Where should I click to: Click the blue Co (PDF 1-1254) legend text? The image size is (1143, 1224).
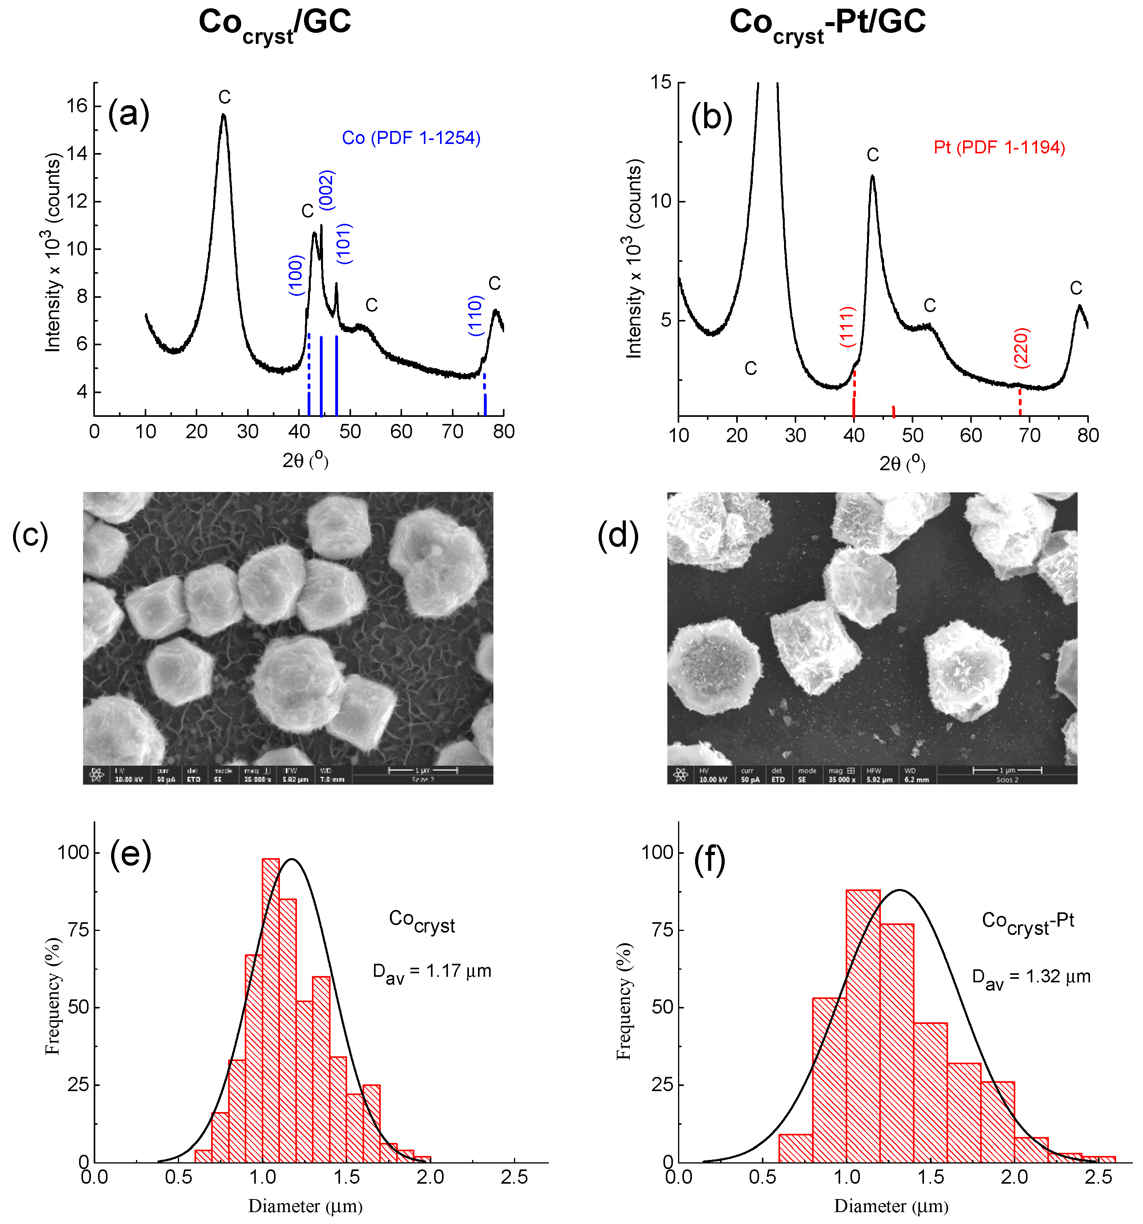[411, 138]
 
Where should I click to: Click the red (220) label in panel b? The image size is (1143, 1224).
[1021, 348]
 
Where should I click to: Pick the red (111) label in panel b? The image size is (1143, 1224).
[848, 326]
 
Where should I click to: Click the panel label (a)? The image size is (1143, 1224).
[128, 115]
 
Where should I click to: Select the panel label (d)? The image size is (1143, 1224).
[618, 535]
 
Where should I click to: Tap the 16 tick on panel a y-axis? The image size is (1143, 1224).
[77, 106]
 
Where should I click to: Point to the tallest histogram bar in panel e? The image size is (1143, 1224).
[271, 1010]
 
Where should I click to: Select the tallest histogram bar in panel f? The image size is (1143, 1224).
[863, 1025]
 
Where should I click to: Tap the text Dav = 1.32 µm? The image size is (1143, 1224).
[1031, 977]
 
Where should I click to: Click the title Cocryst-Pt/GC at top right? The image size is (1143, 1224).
[827, 23]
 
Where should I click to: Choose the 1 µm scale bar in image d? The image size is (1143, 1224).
[1007, 770]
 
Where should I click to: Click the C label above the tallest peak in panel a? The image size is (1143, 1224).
[224, 97]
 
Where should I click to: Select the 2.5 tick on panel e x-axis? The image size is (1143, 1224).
[514, 1178]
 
